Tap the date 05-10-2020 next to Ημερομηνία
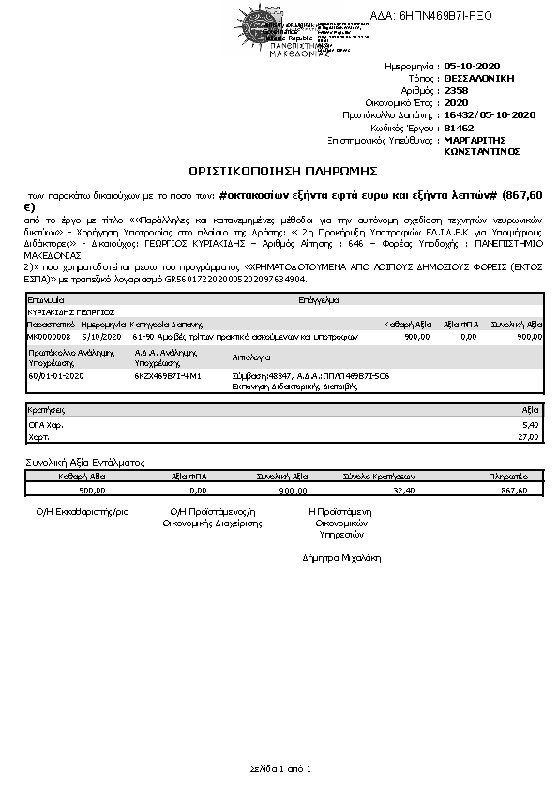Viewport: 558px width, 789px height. [475, 68]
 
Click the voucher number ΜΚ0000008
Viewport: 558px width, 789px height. [49, 335]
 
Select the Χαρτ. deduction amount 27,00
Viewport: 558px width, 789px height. [528, 436]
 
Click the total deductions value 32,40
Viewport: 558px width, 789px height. [404, 490]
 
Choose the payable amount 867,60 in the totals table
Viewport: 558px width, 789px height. [515, 490]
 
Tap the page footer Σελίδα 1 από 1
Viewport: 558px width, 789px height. [279, 769]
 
